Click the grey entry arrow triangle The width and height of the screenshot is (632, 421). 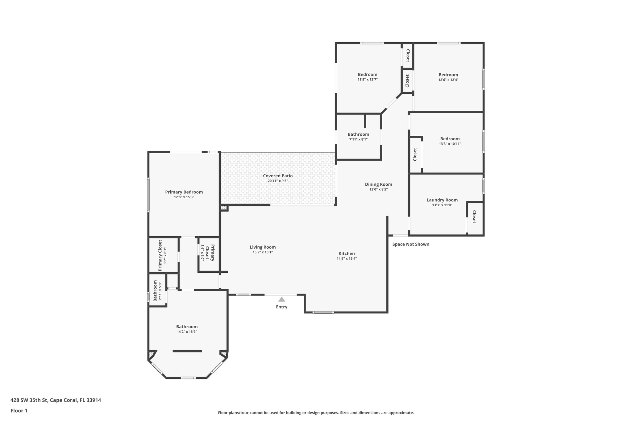point(281,299)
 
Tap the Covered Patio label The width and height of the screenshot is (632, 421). point(278,176)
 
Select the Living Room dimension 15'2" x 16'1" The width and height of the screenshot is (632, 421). point(263,252)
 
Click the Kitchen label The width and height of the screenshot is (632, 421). point(347,254)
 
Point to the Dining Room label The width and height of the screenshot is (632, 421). point(378,184)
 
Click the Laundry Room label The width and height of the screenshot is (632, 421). point(442,200)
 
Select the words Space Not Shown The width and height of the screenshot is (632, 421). point(411,244)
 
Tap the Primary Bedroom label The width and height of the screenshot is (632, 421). point(184,192)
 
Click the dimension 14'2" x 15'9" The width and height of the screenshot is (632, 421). point(187,332)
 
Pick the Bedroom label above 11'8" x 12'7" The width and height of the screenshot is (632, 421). point(368,74)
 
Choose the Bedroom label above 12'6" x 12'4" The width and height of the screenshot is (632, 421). point(448,75)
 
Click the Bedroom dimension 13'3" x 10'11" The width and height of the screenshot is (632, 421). point(450,144)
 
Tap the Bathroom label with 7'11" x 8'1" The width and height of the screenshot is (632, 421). point(358,134)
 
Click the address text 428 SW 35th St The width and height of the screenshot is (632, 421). point(29,400)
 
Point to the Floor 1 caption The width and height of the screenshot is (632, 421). point(19,411)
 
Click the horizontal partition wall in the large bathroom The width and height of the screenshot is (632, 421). point(187,351)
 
